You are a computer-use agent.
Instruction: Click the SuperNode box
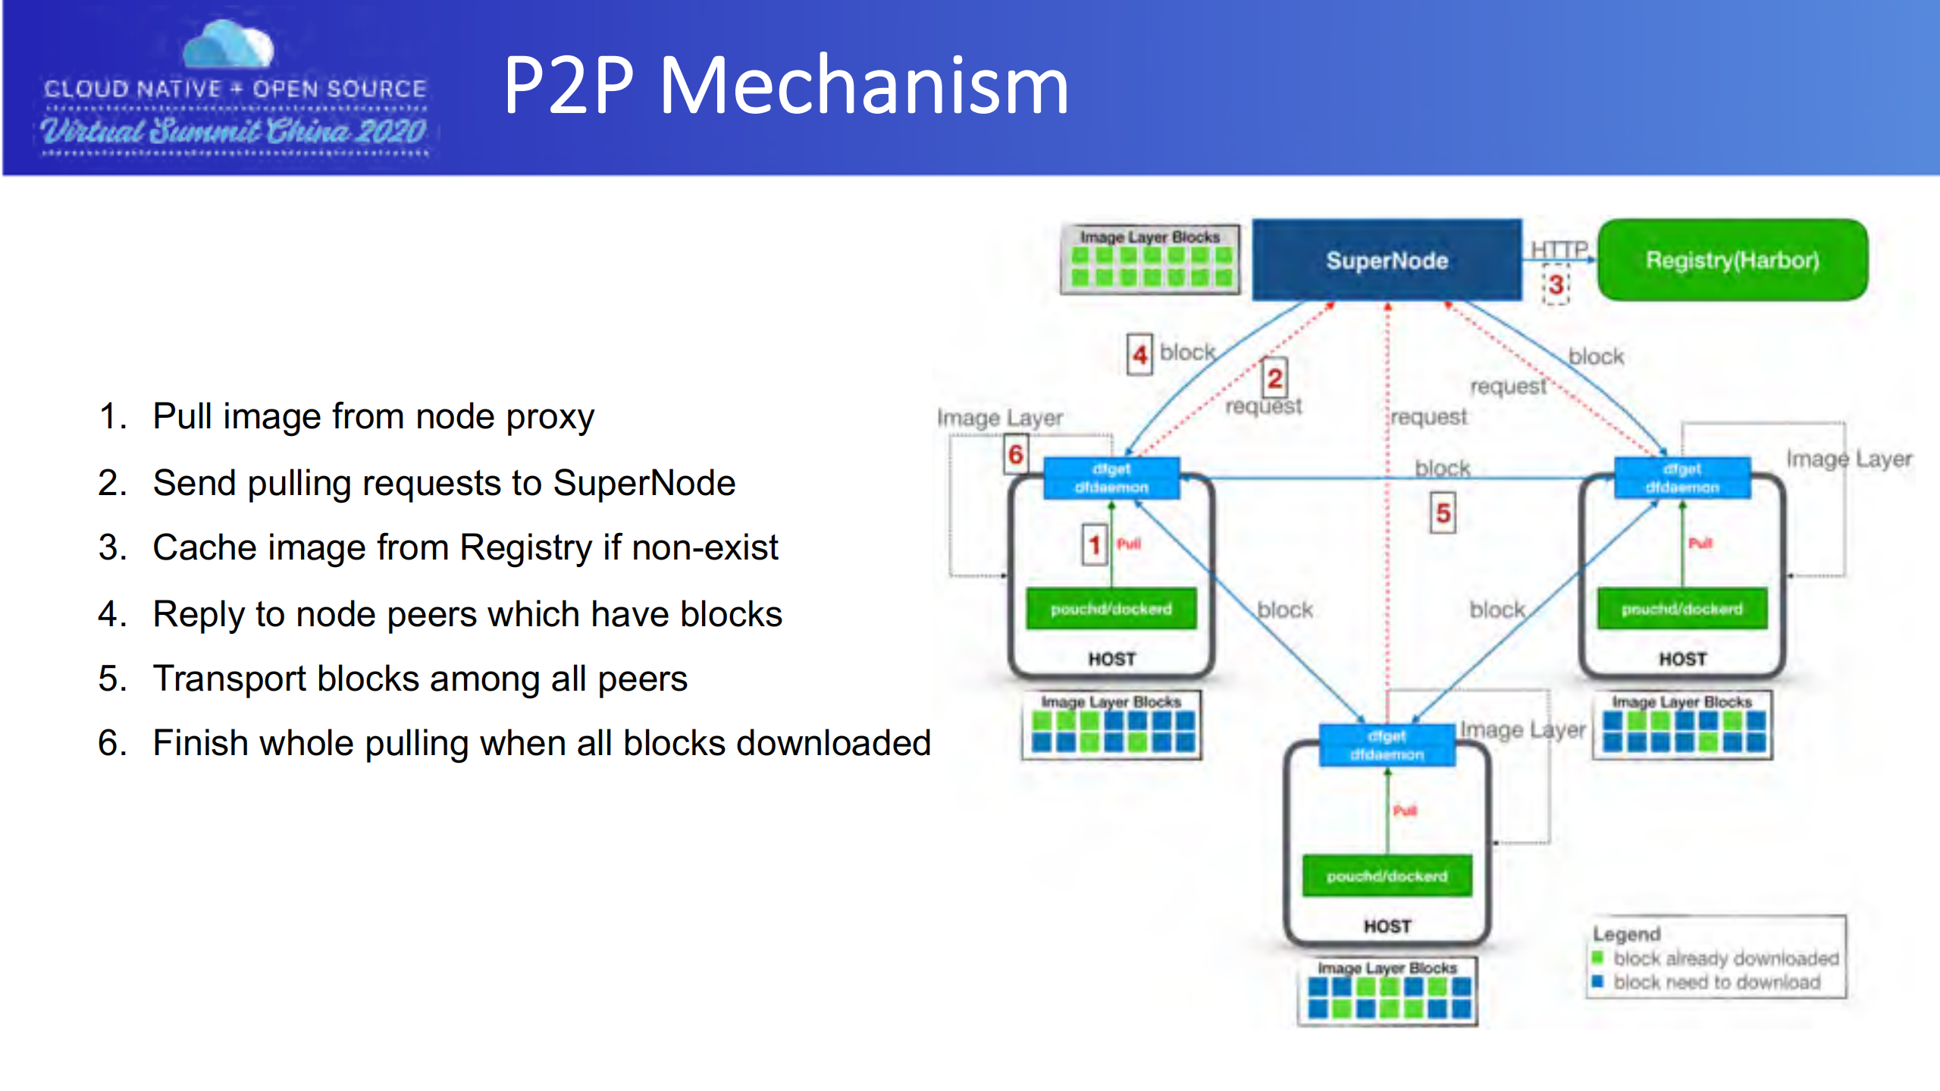(x=1387, y=260)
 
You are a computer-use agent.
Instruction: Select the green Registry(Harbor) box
(x=1732, y=260)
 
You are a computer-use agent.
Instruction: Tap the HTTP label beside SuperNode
(x=1559, y=249)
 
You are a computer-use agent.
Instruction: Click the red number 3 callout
(x=1556, y=285)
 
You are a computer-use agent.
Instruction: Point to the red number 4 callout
(x=1139, y=354)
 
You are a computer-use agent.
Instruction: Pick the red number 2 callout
(x=1274, y=378)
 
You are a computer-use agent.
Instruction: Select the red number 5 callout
(x=1443, y=513)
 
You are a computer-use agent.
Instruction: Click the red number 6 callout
(x=1016, y=454)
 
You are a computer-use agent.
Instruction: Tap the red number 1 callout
(x=1094, y=544)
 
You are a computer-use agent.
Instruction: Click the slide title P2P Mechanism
(x=786, y=86)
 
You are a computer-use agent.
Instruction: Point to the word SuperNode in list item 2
(x=644, y=483)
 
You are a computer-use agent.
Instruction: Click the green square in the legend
(x=1598, y=957)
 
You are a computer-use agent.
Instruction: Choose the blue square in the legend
(x=1598, y=981)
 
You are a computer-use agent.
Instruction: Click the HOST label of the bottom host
(x=1387, y=926)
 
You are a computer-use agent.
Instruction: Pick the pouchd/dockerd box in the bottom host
(x=1387, y=876)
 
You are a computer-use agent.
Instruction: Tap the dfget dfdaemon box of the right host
(x=1682, y=478)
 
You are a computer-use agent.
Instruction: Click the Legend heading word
(x=1626, y=934)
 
